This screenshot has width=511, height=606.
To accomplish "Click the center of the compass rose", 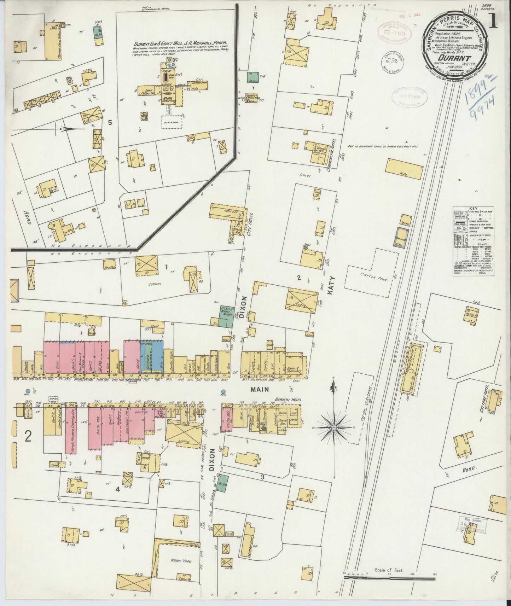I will (x=333, y=428).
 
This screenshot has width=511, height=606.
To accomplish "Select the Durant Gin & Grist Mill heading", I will (x=180, y=45).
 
